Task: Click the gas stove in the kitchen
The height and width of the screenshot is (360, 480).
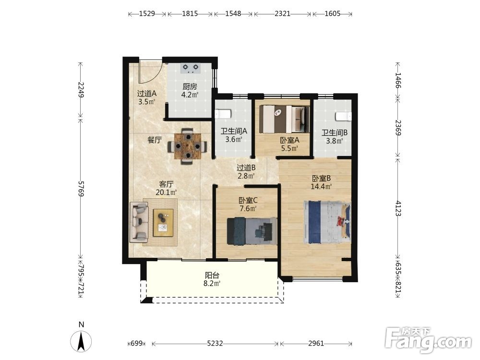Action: [190, 68]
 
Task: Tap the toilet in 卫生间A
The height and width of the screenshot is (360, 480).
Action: [223, 114]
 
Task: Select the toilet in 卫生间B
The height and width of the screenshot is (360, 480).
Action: [344, 116]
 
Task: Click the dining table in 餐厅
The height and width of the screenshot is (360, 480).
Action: [187, 146]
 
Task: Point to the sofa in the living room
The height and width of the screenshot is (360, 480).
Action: [139, 222]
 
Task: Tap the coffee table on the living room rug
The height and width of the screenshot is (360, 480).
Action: [163, 223]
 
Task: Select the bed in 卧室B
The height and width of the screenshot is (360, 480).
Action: [327, 222]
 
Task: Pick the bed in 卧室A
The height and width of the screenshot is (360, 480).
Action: [284, 119]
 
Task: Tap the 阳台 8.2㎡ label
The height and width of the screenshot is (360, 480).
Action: [212, 279]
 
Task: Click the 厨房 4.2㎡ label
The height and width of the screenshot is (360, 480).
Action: [190, 91]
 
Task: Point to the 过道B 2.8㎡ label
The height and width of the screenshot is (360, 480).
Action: [246, 172]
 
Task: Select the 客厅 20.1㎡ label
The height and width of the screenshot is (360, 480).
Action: [166, 188]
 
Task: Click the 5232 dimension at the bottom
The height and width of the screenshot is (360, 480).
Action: [215, 344]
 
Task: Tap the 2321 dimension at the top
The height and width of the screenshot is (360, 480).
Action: [283, 14]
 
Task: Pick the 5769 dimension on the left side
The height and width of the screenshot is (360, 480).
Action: [81, 189]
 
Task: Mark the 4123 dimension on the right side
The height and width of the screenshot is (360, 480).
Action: [398, 208]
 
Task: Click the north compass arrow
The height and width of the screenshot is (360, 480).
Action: [81, 342]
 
